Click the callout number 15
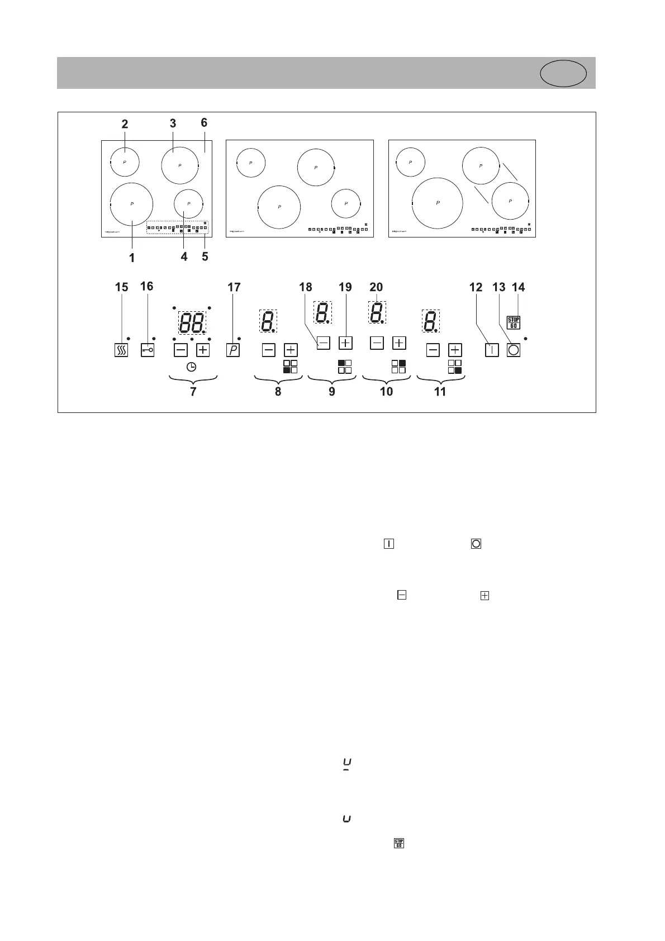pyautogui.click(x=121, y=287)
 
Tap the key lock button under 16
pyautogui.click(x=147, y=350)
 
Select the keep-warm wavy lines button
pyautogui.click(x=121, y=350)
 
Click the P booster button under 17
pyautogui.click(x=233, y=350)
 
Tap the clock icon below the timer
pyautogui.click(x=191, y=367)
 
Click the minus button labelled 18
pyautogui.click(x=323, y=343)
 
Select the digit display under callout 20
pyautogui.click(x=377, y=312)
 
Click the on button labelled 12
pyautogui.click(x=491, y=350)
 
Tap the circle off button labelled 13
pyautogui.click(x=514, y=350)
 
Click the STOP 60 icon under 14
pyautogui.click(x=513, y=322)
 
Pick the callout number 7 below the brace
pyautogui.click(x=193, y=391)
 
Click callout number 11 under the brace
pyautogui.click(x=440, y=391)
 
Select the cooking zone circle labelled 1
pyautogui.click(x=132, y=204)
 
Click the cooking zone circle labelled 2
pyautogui.click(x=125, y=161)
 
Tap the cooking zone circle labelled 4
pyautogui.click(x=188, y=204)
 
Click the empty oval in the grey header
pyautogui.click(x=563, y=74)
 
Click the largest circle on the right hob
pyautogui.click(x=437, y=203)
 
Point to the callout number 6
pyautogui.click(x=204, y=123)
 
